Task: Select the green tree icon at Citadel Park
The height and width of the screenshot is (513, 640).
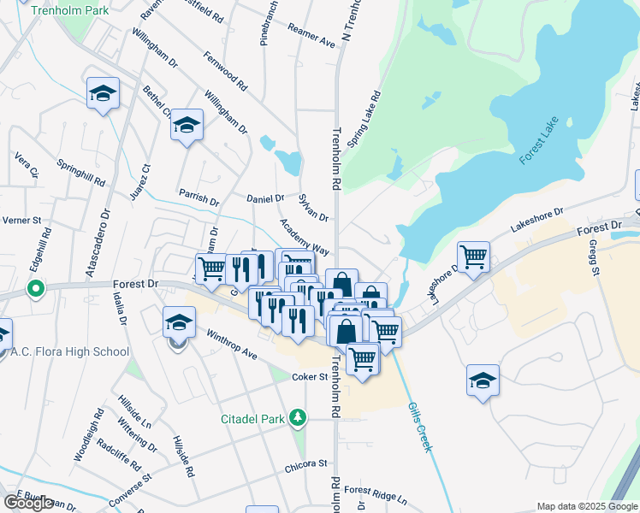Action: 297,418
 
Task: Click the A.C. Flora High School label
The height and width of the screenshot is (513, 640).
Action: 70,351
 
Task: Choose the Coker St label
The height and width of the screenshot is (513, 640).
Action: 311,376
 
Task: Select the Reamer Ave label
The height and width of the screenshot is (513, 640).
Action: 311,38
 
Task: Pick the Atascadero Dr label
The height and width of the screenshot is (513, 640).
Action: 99,239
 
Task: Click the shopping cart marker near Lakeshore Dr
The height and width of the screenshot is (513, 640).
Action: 473,255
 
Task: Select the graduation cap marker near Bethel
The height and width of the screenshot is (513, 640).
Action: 187,125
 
